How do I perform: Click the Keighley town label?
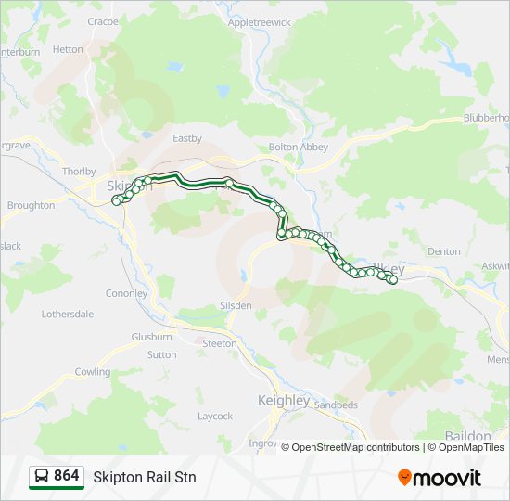point(283,400)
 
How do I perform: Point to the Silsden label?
point(236,304)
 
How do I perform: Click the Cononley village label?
point(127,293)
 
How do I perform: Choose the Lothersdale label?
point(68,314)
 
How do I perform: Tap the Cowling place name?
point(93,371)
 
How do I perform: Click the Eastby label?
point(187,138)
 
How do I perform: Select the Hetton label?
point(68,49)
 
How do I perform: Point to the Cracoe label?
point(103,20)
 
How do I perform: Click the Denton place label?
point(443,251)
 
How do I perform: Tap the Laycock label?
point(215,416)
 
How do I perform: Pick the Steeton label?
point(220,343)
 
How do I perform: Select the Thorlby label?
point(78,172)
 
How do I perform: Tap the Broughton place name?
point(31,205)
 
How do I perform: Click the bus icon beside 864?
point(42,477)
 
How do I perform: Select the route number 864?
point(67,476)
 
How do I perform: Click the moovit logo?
point(440,478)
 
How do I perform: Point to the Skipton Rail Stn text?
point(145,477)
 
